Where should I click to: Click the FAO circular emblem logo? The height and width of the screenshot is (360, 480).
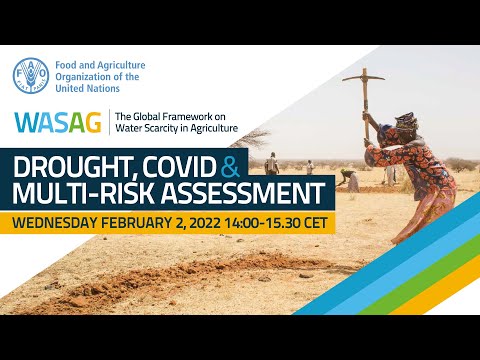click(30, 75)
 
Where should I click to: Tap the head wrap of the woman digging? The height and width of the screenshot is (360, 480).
click(405, 123)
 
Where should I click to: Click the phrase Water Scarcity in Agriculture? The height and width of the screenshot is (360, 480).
click(176, 128)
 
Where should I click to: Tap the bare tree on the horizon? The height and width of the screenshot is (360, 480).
click(257, 138)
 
